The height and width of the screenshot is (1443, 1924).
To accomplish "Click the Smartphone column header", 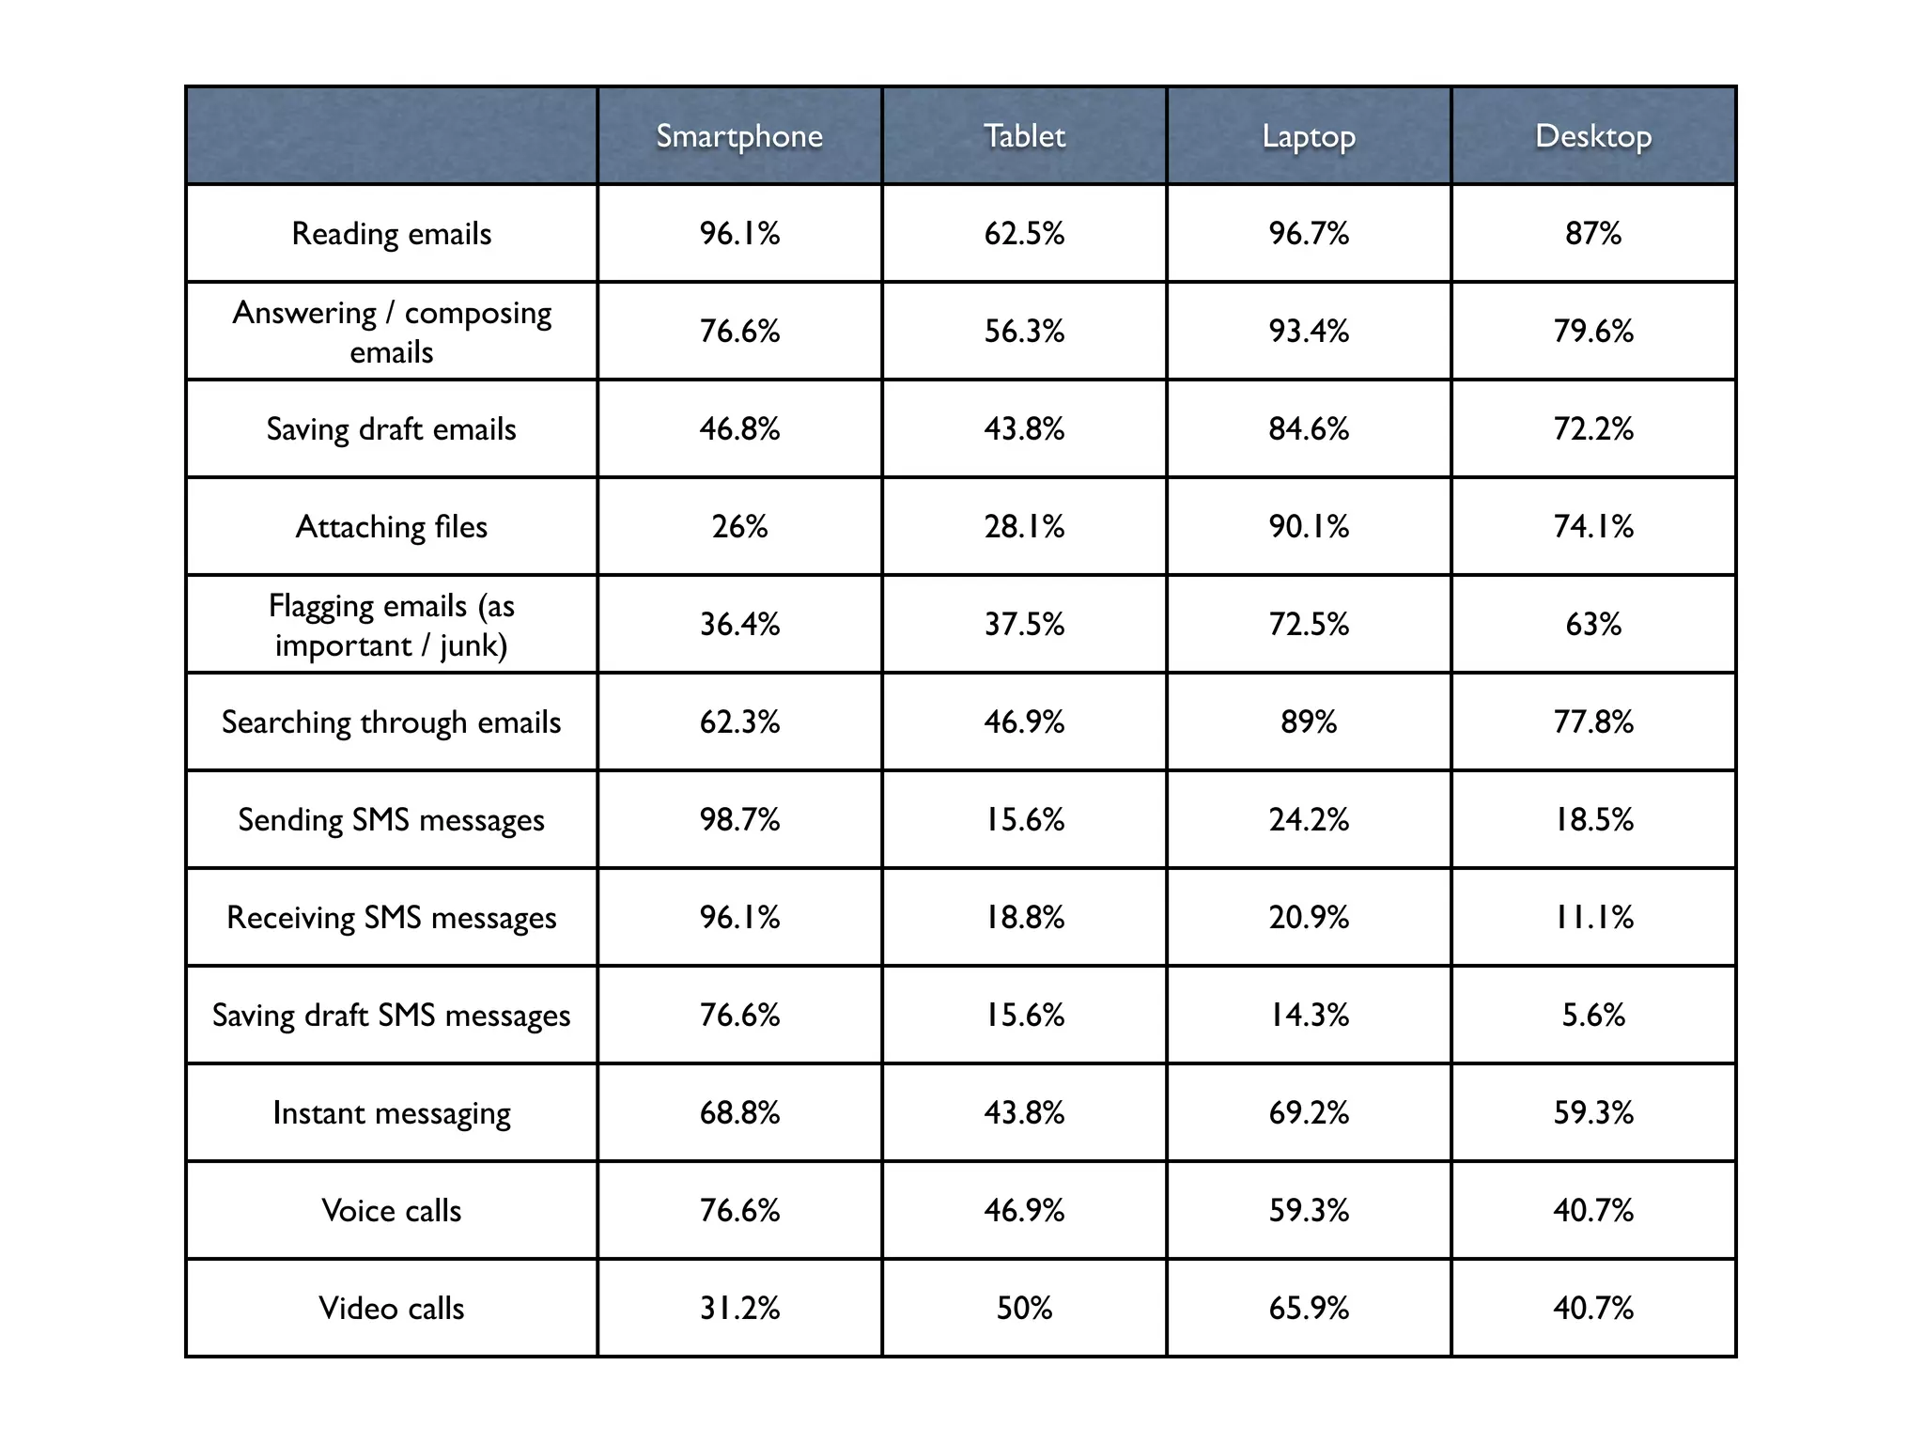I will (x=739, y=136).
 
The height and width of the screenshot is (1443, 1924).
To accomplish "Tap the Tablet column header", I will (x=1024, y=136).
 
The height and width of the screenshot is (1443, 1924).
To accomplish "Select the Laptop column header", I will (x=1309, y=136).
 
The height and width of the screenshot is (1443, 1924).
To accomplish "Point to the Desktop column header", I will (x=1593, y=136).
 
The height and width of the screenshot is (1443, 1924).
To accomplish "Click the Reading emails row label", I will (x=392, y=233).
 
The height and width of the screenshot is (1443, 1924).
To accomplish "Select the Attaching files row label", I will (x=392, y=526).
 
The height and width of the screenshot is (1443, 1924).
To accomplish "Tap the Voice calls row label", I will (x=392, y=1210).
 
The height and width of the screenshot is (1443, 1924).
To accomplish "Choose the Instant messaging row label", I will (x=392, y=1112).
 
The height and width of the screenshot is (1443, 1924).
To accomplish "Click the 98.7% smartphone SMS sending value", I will (x=739, y=819).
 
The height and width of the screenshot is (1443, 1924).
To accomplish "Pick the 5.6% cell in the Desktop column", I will (x=1593, y=1015).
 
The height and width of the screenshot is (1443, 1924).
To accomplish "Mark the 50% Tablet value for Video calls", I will (x=1024, y=1308).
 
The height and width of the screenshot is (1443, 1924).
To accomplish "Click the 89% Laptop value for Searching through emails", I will (x=1309, y=721).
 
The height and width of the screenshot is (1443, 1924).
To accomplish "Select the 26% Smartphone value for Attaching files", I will (x=739, y=526).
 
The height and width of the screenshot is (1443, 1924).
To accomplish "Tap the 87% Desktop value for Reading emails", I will (x=1593, y=233).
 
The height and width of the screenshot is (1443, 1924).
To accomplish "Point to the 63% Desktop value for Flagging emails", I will (x=1593, y=624).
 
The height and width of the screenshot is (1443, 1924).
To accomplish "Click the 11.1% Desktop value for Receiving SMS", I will (x=1593, y=917).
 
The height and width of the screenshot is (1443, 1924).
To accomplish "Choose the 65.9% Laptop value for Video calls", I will (x=1309, y=1308).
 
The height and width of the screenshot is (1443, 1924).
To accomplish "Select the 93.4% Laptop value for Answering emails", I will (x=1309, y=331).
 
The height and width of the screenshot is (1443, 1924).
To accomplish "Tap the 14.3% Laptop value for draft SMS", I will (x=1309, y=1015).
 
